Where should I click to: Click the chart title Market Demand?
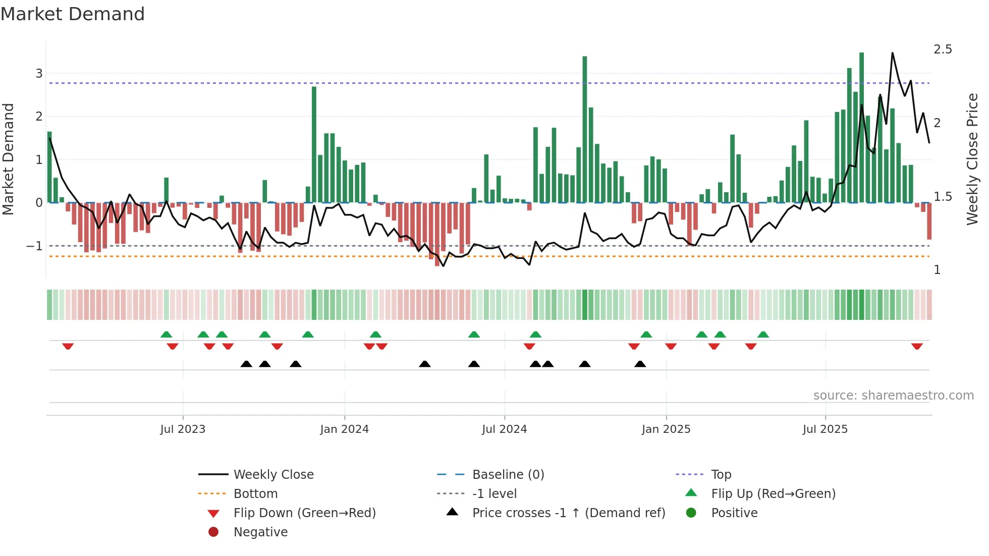tap(73, 14)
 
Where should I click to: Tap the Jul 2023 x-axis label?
tap(183, 429)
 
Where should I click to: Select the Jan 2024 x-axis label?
tap(345, 429)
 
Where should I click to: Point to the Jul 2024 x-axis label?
tap(505, 429)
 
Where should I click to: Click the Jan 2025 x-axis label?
tap(666, 429)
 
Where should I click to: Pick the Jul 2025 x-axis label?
tap(826, 429)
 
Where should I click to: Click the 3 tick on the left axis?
tap(39, 74)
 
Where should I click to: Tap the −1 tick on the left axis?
tap(35, 246)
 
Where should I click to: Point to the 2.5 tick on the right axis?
tap(943, 49)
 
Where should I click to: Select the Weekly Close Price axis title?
tap(972, 159)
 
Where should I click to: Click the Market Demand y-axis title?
tap(8, 159)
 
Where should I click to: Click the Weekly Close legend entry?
tap(273, 475)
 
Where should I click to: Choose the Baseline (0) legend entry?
tap(508, 475)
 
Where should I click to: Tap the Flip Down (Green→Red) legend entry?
tap(304, 513)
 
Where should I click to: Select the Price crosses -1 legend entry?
tap(569, 513)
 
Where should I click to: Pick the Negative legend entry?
tap(260, 532)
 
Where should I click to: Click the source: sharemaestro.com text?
tap(893, 396)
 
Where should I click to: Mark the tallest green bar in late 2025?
tap(862, 127)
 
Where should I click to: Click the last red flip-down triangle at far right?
tap(917, 346)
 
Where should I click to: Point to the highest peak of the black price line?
tap(893, 53)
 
